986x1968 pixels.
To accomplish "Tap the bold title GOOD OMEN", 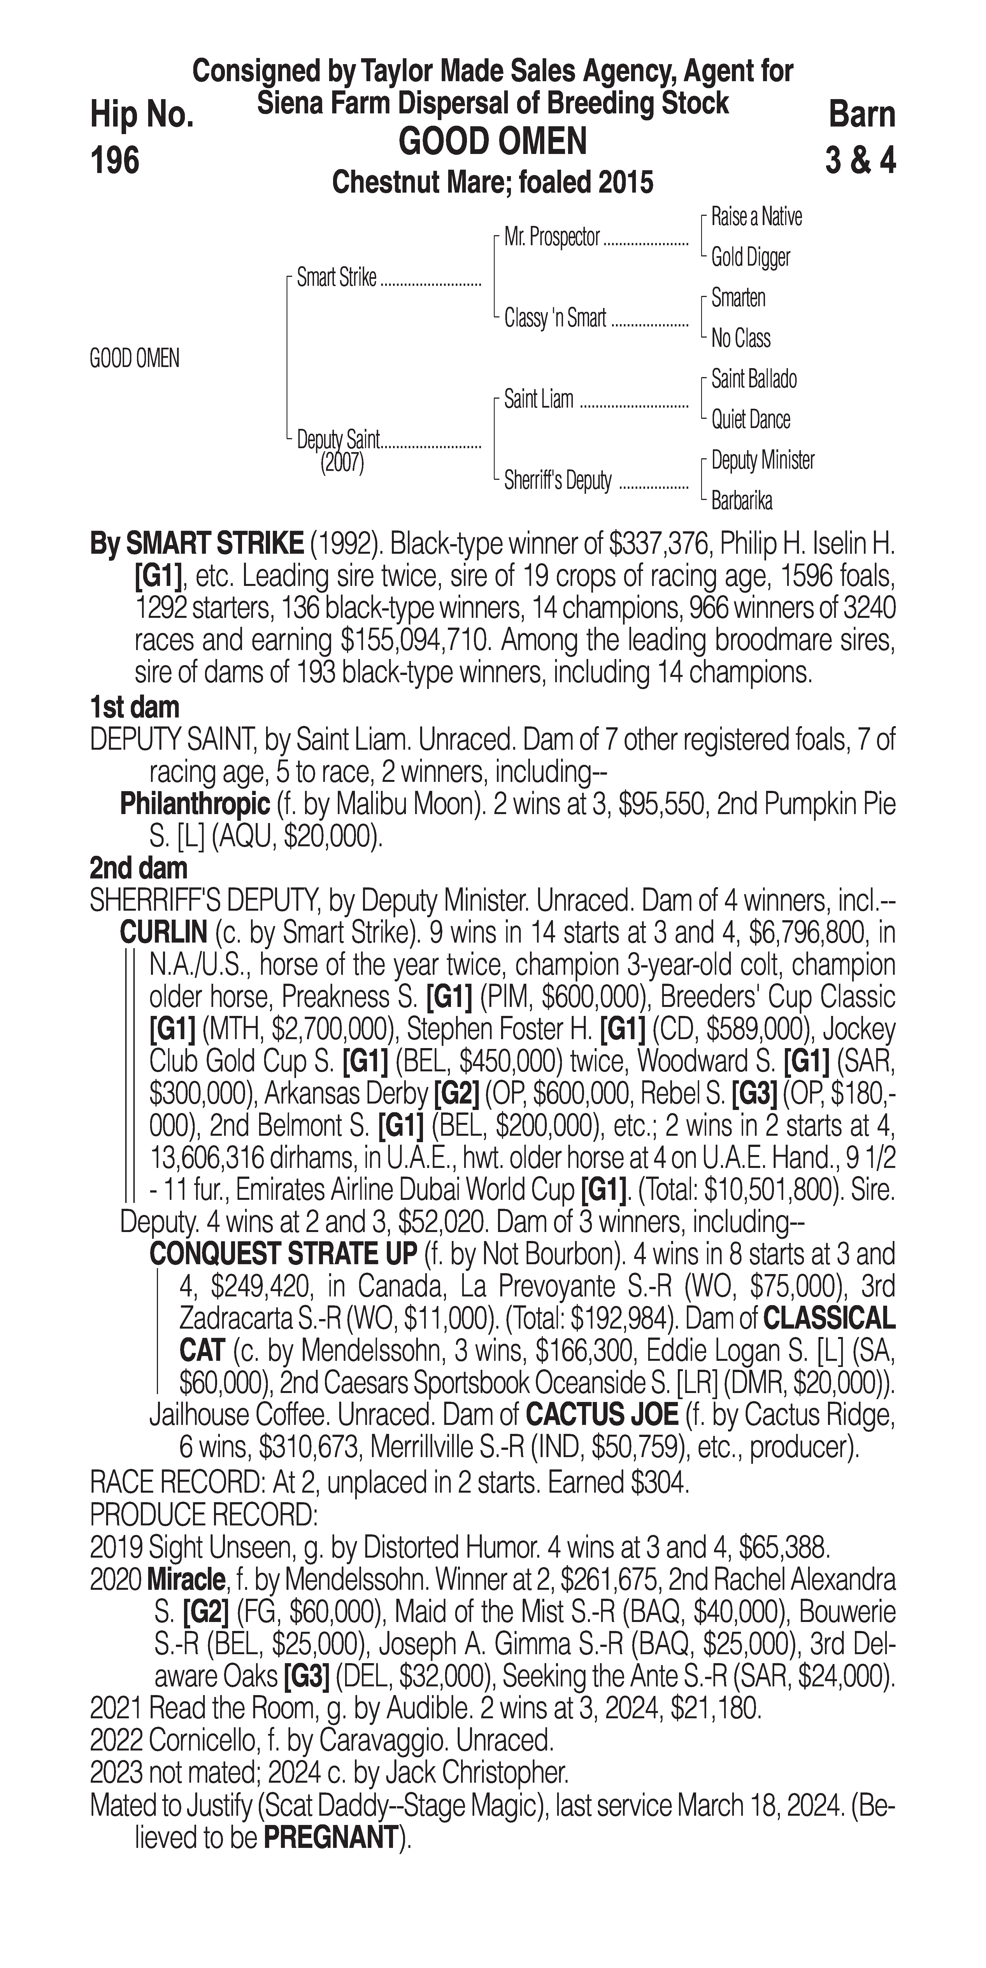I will pos(493,142).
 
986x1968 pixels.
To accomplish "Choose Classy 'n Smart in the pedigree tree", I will pos(555,318).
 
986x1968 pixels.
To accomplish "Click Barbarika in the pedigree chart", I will pos(741,501).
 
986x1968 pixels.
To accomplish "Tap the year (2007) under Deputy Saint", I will pos(342,463).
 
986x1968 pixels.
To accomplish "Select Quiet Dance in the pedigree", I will pos(751,419).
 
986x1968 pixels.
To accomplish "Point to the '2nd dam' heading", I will pos(138,868).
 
